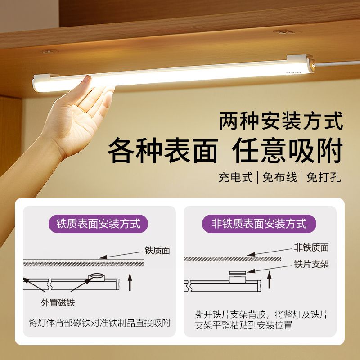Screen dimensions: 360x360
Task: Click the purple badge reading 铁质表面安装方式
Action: point(98,224)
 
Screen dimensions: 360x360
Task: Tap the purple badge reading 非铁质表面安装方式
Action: point(259,224)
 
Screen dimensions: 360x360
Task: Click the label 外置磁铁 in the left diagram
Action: point(58,302)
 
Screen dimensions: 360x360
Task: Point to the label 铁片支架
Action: point(311,264)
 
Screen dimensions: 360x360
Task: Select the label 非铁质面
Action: point(311,247)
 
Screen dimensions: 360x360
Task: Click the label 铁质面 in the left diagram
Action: point(157,251)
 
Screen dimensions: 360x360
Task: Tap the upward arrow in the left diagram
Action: point(130,282)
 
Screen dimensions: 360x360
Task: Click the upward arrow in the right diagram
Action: point(269,279)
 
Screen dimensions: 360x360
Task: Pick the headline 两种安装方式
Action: point(281,121)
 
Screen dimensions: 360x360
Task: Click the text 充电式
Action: point(235,177)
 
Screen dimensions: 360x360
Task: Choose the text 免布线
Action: point(279,177)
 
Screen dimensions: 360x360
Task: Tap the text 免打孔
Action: point(324,177)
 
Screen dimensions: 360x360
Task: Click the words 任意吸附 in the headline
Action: point(288,151)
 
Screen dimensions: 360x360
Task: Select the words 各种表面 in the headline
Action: point(163,151)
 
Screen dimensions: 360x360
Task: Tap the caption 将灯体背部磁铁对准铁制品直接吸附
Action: point(99,323)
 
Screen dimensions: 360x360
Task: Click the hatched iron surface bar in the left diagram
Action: point(84,263)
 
